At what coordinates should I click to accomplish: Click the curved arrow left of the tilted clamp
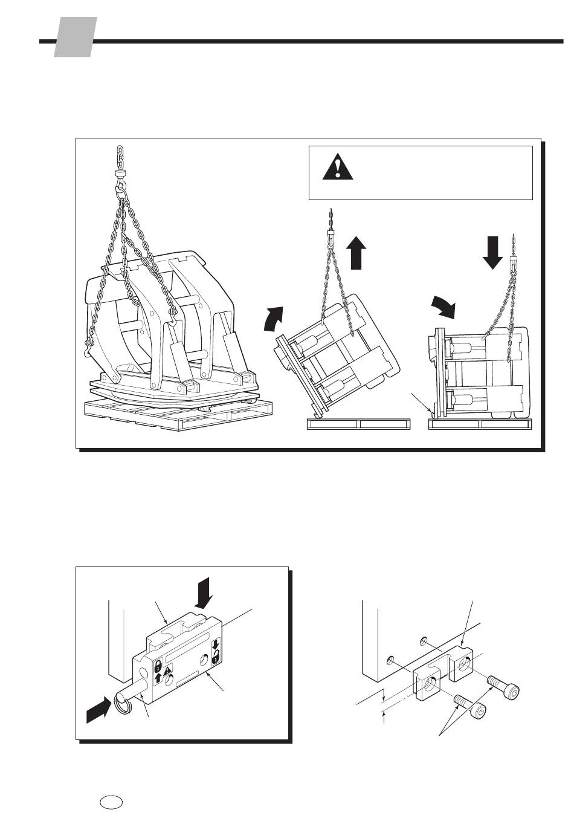273,319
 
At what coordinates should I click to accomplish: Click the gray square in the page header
76,37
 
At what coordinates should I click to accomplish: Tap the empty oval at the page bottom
112,802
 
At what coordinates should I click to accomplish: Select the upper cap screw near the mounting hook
505,687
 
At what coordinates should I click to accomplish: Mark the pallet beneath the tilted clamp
358,424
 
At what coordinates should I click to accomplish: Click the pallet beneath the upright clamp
480,424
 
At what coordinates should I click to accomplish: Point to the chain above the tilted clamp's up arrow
331,221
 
